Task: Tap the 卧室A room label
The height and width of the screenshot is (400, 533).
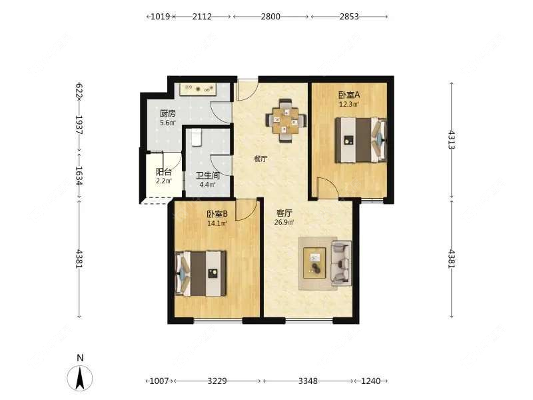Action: tap(349, 94)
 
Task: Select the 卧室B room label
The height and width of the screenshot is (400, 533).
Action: tap(217, 214)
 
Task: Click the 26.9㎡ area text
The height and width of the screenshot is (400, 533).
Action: tap(284, 223)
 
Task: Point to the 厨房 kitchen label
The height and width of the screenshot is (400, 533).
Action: tap(168, 113)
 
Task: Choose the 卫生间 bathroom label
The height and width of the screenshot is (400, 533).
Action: tap(208, 175)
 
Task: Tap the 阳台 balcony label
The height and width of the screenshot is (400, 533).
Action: tap(163, 172)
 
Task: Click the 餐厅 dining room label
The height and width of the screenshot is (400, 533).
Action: tap(261, 159)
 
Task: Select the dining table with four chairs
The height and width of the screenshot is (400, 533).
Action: tap(286, 121)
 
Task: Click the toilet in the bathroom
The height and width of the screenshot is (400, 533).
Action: tap(197, 137)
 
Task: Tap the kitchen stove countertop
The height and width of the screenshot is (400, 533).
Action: tap(198, 89)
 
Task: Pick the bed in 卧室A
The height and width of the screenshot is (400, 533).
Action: tap(361, 140)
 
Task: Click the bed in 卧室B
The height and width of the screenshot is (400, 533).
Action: tap(201, 273)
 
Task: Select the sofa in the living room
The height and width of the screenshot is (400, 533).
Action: tap(341, 262)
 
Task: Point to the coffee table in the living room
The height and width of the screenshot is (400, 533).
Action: tap(314, 263)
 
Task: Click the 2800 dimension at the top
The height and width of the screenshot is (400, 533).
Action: tap(270, 16)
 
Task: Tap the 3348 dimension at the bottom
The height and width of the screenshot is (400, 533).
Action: tap(308, 381)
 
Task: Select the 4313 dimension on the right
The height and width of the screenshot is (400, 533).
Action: tap(452, 140)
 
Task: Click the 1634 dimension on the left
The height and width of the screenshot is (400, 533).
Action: tap(79, 175)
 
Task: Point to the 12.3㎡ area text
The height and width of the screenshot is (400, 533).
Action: tap(349, 104)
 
